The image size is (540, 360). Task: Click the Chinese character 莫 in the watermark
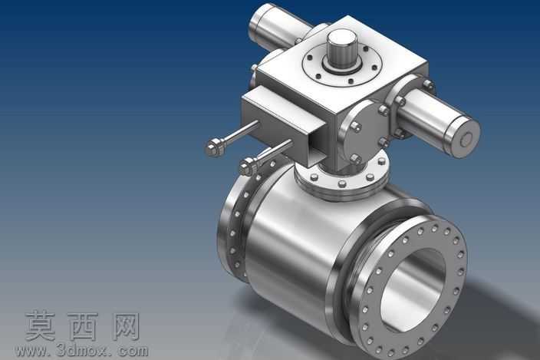(x=41, y=326)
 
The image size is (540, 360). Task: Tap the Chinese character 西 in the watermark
(x=83, y=326)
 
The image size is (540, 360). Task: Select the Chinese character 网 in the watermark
(x=126, y=326)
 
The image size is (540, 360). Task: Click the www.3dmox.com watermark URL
(x=82, y=351)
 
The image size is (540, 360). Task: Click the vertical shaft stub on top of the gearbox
(x=338, y=48)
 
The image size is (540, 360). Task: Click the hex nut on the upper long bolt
(x=214, y=148)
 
